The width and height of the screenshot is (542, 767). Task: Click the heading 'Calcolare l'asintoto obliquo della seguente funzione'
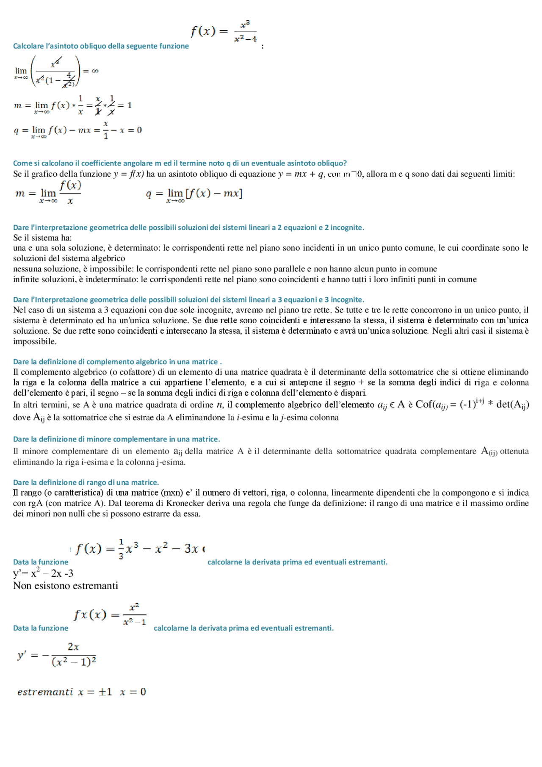pyautogui.click(x=101, y=46)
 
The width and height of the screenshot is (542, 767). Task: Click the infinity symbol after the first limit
pyautogui.click(x=95, y=71)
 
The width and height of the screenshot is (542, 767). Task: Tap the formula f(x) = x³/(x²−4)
pyautogui.click(x=224, y=31)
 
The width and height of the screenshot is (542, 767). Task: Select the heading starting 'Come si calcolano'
pyautogui.click(x=180, y=163)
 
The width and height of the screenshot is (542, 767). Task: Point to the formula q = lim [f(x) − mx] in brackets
pyautogui.click(x=194, y=194)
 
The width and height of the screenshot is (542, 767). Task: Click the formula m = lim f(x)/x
pyautogui.click(x=48, y=193)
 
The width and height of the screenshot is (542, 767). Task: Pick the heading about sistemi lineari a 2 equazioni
pyautogui.click(x=188, y=227)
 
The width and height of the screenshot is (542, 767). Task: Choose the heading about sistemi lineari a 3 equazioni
pyautogui.click(x=188, y=299)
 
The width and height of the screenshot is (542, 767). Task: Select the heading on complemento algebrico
pyautogui.click(x=117, y=362)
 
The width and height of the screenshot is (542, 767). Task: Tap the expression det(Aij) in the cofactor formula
pyautogui.click(x=512, y=404)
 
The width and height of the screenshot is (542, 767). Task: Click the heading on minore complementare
pyautogui.click(x=116, y=439)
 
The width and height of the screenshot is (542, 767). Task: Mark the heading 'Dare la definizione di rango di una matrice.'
pyautogui.click(x=86, y=482)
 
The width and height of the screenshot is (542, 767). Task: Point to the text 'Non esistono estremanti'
pyautogui.click(x=66, y=586)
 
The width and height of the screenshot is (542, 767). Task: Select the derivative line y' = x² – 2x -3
pyautogui.click(x=43, y=573)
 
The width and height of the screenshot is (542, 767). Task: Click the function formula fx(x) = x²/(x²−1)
pyautogui.click(x=110, y=615)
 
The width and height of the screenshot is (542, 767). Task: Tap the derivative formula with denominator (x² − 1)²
pyautogui.click(x=57, y=655)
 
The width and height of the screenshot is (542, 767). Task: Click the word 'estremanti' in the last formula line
pyautogui.click(x=45, y=692)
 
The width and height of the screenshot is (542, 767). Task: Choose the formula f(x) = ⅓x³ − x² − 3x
pyautogui.click(x=139, y=549)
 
